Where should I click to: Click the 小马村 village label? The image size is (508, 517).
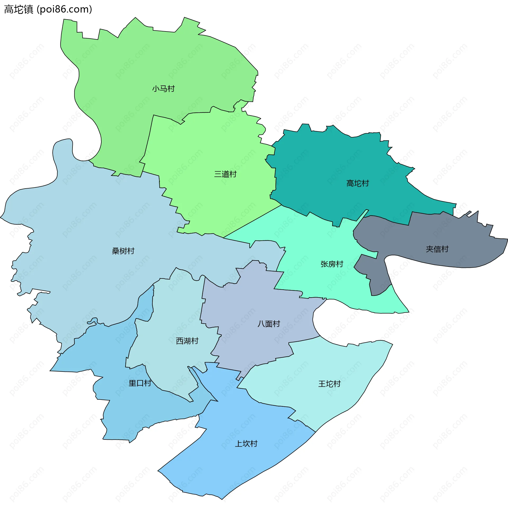pyautogui.click(x=163, y=89)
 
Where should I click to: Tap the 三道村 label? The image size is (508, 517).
pyautogui.click(x=225, y=174)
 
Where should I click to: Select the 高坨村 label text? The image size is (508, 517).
pyautogui.click(x=357, y=183)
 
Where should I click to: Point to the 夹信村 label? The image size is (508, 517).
pyautogui.click(x=437, y=249)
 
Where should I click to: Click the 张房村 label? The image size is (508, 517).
pyautogui.click(x=332, y=264)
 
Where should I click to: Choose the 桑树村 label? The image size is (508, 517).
pyautogui.click(x=123, y=251)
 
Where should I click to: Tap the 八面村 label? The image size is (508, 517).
pyautogui.click(x=269, y=324)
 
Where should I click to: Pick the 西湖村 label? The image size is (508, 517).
pyautogui.click(x=187, y=341)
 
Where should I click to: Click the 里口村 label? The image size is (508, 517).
pyautogui.click(x=140, y=383)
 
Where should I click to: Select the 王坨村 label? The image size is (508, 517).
pyautogui.click(x=329, y=384)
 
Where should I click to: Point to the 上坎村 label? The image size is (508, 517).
pyautogui.click(x=246, y=444)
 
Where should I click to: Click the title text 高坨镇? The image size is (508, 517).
pyautogui.click(x=19, y=9)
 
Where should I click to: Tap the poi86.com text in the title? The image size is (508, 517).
pyautogui.click(x=64, y=9)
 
